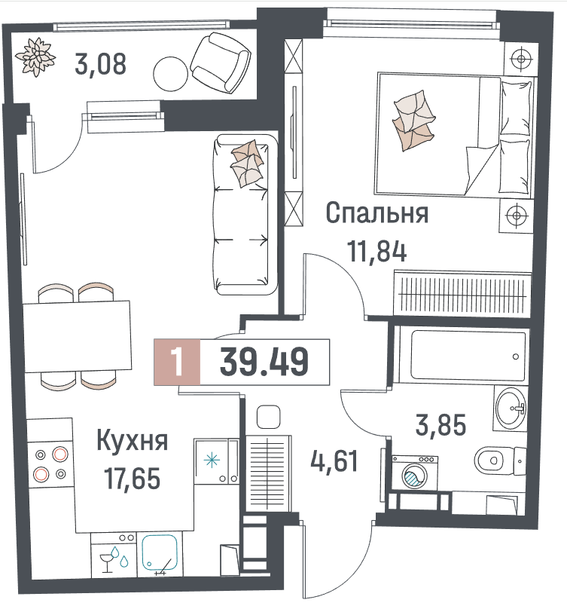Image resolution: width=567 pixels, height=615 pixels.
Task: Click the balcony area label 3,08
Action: pos(100,65)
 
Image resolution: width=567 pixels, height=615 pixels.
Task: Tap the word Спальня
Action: pos(377,213)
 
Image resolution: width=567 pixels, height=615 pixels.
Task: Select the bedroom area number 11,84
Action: pos(377,252)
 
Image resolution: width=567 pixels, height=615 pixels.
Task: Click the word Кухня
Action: pos(133,442)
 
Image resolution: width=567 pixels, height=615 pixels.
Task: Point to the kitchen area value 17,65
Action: pos(133,479)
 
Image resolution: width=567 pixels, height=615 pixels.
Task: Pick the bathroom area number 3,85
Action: pos(440,425)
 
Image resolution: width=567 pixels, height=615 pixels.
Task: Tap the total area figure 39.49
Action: pos(264,362)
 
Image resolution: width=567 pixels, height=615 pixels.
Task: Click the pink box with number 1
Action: pos(177,362)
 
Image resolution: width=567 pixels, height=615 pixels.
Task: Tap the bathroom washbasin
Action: pos(511,408)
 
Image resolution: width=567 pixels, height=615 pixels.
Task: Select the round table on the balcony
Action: pos(170,74)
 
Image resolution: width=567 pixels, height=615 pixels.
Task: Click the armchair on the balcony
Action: pos(221,63)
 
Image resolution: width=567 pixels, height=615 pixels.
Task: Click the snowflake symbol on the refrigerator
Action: pos(212,460)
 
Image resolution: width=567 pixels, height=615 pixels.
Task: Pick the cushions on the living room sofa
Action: pos(247,164)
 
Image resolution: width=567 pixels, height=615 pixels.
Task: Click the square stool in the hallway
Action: pos(268,417)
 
